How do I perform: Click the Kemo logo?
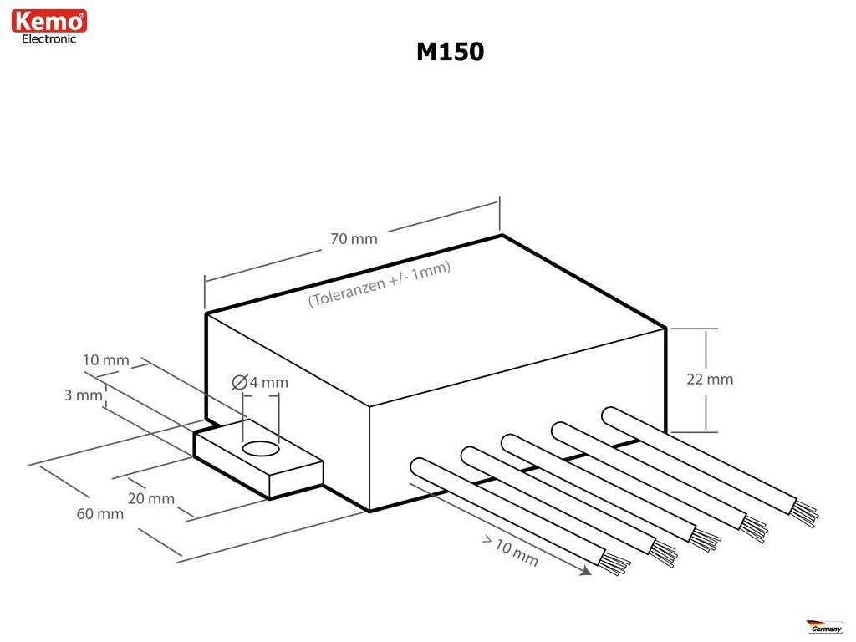(49, 21)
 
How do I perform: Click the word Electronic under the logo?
(49, 39)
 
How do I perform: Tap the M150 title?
(450, 52)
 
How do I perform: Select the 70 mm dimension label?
(354, 239)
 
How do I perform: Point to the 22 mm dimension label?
(710, 380)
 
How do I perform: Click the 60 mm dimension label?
(100, 514)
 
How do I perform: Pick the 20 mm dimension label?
(151, 498)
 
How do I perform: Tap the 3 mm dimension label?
(83, 395)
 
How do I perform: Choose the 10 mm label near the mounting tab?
(106, 360)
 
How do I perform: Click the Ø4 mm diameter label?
(260, 382)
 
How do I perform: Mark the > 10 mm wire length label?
(511, 551)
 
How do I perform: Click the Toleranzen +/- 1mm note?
(380, 284)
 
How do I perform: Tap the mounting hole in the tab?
(261, 449)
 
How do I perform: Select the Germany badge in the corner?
(824, 626)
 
